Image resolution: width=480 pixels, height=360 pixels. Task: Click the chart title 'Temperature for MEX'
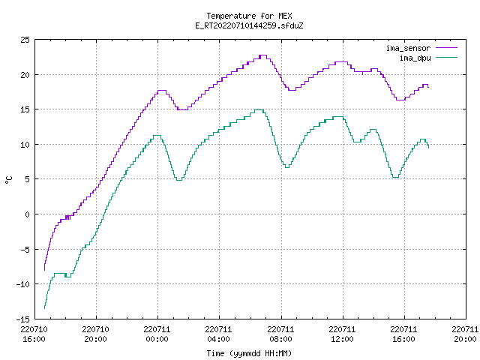tap(249, 16)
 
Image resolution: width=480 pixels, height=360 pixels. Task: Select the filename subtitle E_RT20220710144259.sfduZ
tap(249, 25)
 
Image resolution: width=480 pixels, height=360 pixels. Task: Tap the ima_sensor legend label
tap(408, 48)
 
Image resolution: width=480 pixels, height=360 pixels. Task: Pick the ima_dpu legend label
tap(415, 58)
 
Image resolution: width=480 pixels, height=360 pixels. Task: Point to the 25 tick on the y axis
tap(25, 40)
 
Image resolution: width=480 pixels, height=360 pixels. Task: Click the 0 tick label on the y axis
tap(28, 214)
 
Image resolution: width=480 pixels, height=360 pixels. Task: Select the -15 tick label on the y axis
tap(23, 319)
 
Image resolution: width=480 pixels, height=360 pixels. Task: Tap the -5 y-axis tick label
tap(25, 250)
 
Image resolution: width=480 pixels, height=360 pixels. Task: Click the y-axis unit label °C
tap(8, 180)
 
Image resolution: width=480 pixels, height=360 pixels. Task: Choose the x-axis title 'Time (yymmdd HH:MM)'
tap(249, 353)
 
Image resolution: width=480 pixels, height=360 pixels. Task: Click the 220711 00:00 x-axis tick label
tap(157, 334)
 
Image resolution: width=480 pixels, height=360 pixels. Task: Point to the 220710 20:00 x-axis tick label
tap(95, 334)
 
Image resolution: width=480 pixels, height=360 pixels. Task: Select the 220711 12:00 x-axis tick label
tap(342, 334)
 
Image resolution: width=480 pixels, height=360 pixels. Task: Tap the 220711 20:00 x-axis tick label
tap(465, 334)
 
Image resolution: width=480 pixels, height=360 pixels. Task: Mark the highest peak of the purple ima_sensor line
tap(263, 55)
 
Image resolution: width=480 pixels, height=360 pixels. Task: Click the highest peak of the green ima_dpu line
tap(259, 109)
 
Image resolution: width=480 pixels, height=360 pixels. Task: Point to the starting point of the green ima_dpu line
tap(45, 308)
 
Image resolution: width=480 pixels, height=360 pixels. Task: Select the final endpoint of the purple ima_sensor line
tap(428, 87)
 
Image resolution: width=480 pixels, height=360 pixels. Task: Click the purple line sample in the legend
tap(446, 48)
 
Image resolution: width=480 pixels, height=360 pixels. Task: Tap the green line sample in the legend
tap(446, 58)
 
